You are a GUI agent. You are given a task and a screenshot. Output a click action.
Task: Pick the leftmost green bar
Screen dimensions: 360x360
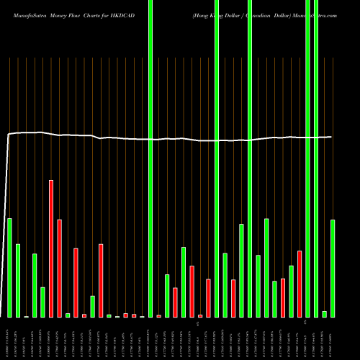pos(9,267)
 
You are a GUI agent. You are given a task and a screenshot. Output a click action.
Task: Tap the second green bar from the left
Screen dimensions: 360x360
pos(18,281)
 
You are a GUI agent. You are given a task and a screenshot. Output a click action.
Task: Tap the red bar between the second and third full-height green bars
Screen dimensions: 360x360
pos(233,298)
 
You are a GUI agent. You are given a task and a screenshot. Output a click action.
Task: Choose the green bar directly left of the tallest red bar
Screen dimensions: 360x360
pos(42,302)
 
